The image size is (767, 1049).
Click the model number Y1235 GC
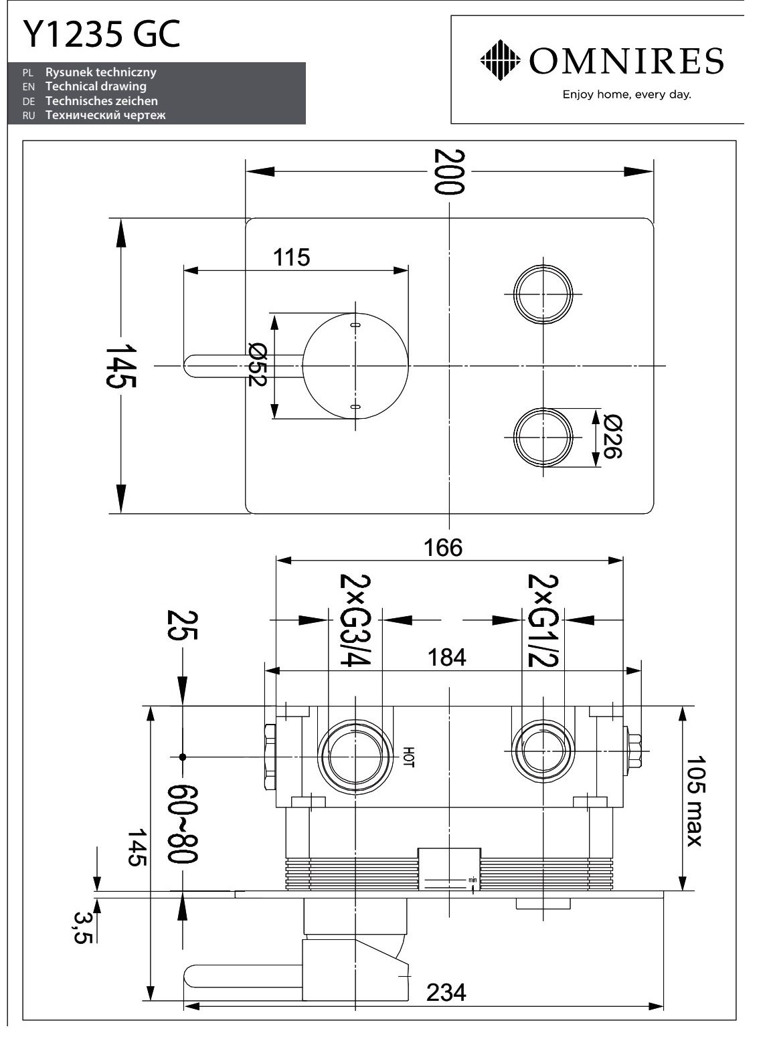(102, 34)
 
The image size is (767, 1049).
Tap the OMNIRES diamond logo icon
(501, 60)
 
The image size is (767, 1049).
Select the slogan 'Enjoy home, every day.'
(626, 94)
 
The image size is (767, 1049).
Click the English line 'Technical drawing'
(96, 87)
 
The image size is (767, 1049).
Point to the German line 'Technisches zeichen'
(102, 100)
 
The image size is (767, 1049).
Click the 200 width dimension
(449, 171)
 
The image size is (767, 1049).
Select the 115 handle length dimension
(291, 257)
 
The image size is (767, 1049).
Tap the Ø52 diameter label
(257, 365)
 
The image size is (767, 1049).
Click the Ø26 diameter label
(612, 437)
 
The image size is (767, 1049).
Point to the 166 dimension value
(443, 547)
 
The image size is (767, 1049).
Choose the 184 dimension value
(446, 658)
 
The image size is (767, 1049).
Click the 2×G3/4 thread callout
(355, 620)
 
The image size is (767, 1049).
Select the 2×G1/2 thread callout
(543, 620)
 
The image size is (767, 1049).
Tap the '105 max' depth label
(695, 801)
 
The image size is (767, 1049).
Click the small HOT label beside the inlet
(408, 757)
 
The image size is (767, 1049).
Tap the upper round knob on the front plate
(543, 294)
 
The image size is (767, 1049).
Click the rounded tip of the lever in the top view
(186, 366)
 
